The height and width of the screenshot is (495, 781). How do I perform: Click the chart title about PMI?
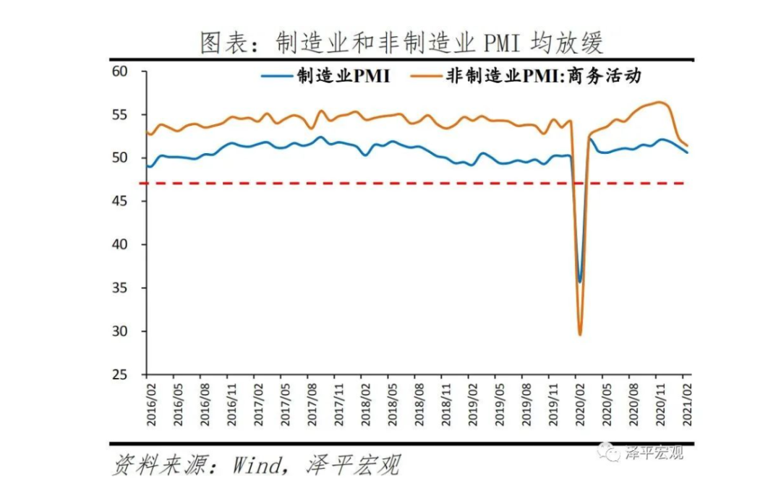[x=401, y=43]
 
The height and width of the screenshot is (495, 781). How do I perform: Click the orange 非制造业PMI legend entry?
[x=525, y=76]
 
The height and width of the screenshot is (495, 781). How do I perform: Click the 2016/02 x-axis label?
[x=148, y=404]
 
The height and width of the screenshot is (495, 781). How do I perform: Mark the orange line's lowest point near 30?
[x=579, y=334]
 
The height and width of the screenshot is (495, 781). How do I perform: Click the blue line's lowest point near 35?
[x=579, y=281]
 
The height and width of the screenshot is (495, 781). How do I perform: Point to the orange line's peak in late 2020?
[x=660, y=102]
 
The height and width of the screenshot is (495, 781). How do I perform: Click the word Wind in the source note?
[x=255, y=465]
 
